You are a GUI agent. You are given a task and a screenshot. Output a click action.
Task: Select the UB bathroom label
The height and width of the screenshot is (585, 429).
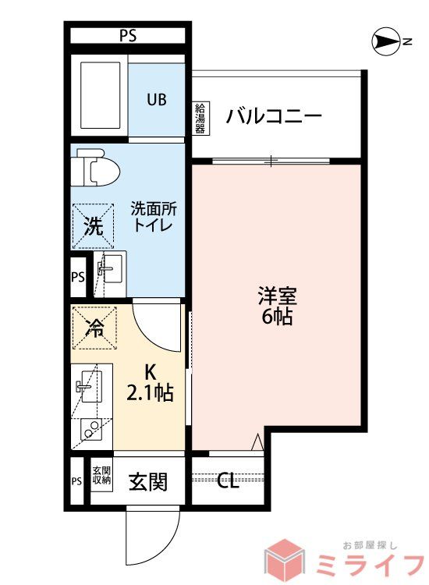click(x=158, y=99)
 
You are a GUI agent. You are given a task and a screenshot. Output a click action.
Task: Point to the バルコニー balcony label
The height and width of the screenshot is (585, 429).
click(x=274, y=117)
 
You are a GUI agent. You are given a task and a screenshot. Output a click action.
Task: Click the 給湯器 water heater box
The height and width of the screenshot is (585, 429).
click(x=200, y=118)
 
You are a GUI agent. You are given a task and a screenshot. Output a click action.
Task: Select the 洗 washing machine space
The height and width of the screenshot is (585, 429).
click(x=93, y=227)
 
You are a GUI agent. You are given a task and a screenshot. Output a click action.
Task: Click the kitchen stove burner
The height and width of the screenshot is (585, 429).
click(x=91, y=431)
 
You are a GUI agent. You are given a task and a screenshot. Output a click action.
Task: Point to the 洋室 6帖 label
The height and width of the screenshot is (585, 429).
click(x=277, y=307)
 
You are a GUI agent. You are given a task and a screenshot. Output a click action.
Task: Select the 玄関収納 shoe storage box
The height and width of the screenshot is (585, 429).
click(x=101, y=476)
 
